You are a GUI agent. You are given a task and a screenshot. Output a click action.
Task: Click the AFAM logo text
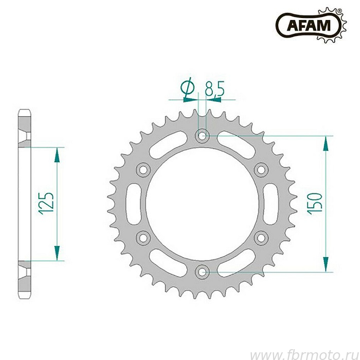coord(309,25)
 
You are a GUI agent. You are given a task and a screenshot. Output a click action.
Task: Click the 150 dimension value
coord(315,204)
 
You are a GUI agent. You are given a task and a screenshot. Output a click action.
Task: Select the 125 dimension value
coord(47,204)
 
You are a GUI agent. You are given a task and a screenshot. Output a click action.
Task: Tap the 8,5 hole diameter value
coord(214,88)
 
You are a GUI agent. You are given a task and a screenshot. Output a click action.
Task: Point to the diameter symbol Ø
coord(187,88)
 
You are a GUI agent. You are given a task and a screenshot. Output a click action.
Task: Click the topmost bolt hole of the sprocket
coord(202,136)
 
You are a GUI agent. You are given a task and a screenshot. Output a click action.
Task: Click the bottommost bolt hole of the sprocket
coord(202,272)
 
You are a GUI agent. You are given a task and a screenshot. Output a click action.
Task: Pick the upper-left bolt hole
coord(143,170)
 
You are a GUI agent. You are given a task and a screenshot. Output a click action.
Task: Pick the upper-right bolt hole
coord(261,170)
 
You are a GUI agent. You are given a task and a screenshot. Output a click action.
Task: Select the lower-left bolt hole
coord(143,238)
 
